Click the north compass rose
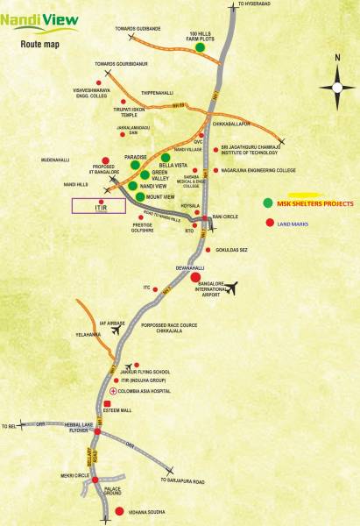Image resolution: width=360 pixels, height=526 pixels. tap(337, 86)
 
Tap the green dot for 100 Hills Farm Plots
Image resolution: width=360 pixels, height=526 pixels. tap(201, 48)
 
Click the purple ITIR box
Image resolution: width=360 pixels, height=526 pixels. tap(100, 205)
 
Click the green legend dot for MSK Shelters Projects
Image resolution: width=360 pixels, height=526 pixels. tap(267, 203)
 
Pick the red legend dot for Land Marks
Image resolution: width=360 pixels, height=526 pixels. tap(267, 224)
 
